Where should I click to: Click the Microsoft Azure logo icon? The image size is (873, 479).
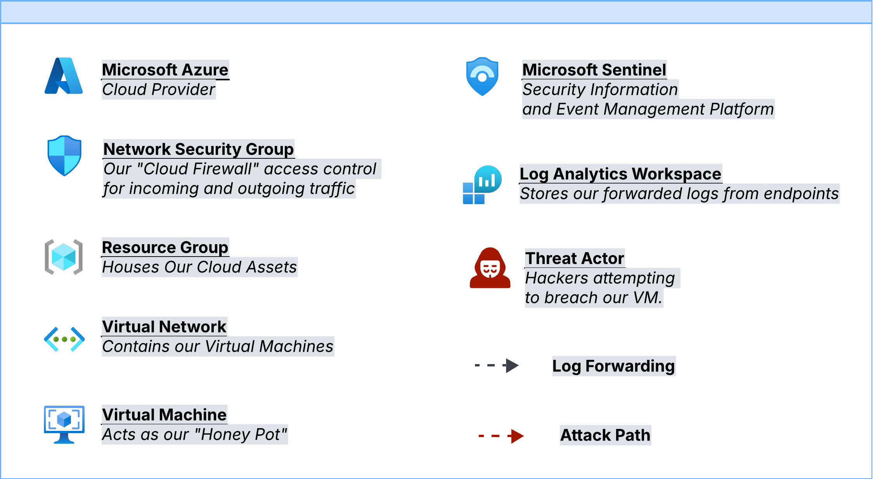64,76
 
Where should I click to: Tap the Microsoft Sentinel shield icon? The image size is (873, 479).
482,76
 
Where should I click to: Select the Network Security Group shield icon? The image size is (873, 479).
64,156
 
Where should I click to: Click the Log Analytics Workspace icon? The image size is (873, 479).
482,185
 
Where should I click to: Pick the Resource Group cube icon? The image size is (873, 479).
64,257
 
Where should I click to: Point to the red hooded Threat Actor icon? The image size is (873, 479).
490,268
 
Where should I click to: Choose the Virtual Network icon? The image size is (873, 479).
64,339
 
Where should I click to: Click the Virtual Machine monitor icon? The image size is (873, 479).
64,424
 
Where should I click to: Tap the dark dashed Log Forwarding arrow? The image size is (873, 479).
497,365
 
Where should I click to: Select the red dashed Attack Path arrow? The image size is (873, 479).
501,436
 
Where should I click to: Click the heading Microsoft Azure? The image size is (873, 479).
165,70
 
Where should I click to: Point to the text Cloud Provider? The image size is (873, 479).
158,90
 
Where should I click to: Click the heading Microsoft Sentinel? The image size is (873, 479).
594,70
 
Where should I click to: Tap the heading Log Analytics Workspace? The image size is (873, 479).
620,174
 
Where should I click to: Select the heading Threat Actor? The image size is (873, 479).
574,259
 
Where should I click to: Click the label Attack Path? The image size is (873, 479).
605,435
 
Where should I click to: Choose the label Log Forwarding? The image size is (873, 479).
613,366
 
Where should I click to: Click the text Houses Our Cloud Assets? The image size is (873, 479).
199,267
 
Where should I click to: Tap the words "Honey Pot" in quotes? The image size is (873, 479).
241,434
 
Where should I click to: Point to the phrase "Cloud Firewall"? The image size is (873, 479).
198,169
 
